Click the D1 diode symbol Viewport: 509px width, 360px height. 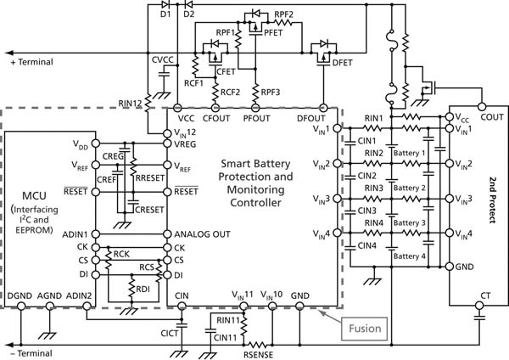pos(165,4)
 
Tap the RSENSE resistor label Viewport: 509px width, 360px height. pos(259,355)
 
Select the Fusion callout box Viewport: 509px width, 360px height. pos(365,329)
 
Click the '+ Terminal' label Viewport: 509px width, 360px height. pos(32,62)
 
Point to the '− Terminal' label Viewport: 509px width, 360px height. pos(31,353)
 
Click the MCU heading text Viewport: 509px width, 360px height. pos(34,195)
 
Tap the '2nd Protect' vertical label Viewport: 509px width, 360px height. pos(493,200)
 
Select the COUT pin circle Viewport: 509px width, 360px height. pos(482,106)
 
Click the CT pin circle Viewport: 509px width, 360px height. pos(479,306)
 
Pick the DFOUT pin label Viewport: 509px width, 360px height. pos(311,118)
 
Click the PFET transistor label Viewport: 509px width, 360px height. pos(273,32)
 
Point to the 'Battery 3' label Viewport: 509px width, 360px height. pos(410,223)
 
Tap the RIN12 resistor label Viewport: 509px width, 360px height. pos(130,104)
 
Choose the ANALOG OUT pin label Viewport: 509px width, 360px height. pos(202,234)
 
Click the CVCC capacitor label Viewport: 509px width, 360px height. pos(163,59)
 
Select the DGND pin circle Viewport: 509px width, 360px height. pos(21,306)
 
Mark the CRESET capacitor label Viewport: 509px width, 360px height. pos(149,210)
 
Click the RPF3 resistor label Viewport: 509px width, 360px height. pos(271,92)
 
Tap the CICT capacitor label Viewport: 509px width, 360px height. pos(170,333)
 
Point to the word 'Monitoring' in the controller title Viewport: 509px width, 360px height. pos(256,189)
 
